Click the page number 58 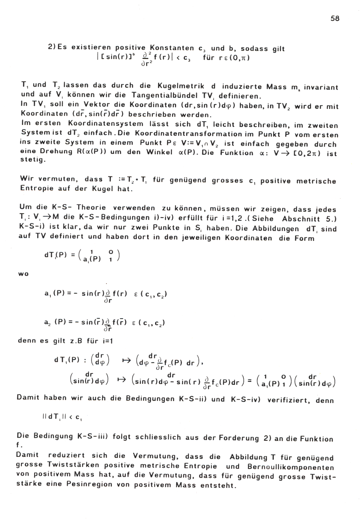335,19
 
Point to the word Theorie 91,208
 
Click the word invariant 321,87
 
